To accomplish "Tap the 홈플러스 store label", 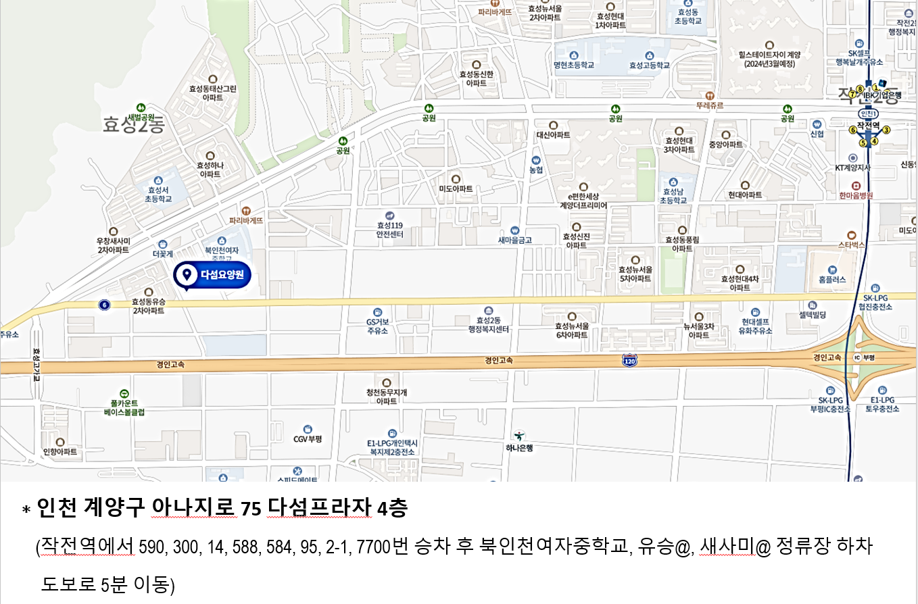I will pos(832,279).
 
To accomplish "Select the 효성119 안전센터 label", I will pos(390,230).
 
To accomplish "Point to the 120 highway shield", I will pos(629,361).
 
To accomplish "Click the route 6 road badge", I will pos(103,305).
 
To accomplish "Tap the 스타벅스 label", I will pos(851,245).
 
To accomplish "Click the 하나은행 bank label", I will pos(520,447).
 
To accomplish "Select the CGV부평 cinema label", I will pos(308,438).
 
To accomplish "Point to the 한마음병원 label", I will pos(856,195).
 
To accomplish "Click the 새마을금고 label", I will pos(515,240).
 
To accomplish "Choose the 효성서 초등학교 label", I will pos(158,195).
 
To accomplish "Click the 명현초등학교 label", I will pos(573,66).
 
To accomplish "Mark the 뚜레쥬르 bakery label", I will pos(709,106).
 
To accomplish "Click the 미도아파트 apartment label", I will pos(456,188).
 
